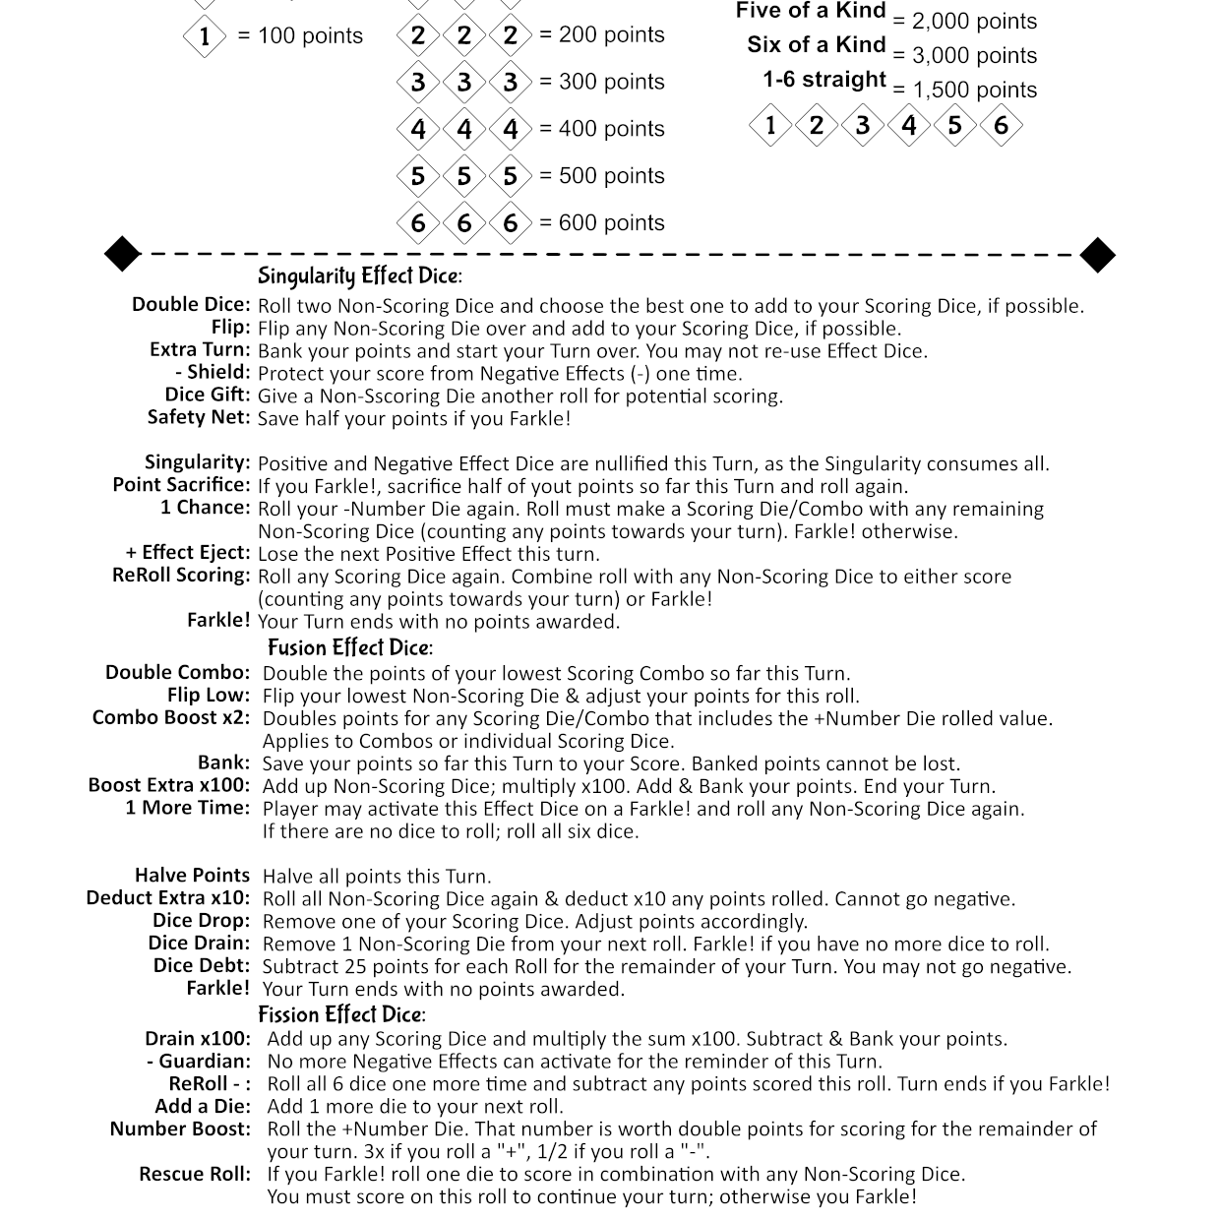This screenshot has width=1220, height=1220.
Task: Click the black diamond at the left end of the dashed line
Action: tap(123, 254)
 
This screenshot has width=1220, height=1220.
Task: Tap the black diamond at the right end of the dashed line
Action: tap(1097, 255)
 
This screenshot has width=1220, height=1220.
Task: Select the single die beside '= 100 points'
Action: tap(205, 36)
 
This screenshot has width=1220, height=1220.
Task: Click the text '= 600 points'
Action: tap(602, 223)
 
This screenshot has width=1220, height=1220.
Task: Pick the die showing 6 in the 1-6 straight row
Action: tap(1001, 125)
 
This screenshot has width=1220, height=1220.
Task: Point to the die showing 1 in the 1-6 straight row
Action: tap(770, 125)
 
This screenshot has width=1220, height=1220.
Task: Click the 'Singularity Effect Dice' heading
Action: tap(359, 276)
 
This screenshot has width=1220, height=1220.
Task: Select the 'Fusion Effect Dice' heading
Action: tap(349, 647)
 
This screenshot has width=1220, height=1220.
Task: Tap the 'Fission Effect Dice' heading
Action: tap(341, 1014)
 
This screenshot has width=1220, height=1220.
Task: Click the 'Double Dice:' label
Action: tap(192, 305)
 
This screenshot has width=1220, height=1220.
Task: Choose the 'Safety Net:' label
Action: tap(199, 417)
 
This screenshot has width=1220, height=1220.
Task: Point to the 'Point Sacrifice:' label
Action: tap(182, 485)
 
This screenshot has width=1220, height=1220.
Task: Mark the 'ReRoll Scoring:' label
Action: tap(181, 576)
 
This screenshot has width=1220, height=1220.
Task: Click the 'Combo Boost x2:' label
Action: tap(171, 717)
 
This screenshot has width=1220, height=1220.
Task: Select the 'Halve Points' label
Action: tap(193, 876)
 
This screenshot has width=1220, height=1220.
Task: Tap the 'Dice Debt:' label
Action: tap(202, 965)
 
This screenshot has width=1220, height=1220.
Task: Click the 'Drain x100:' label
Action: tap(198, 1039)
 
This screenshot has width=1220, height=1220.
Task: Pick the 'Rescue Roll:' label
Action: tap(195, 1174)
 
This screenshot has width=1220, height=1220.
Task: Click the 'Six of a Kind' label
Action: tap(816, 45)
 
